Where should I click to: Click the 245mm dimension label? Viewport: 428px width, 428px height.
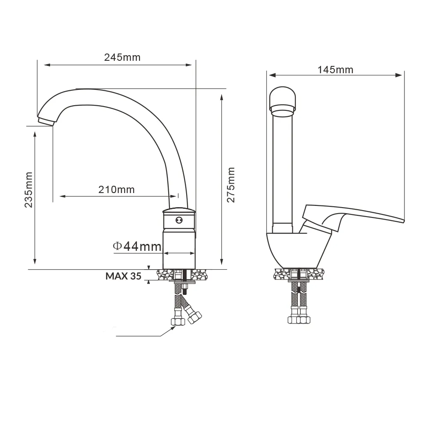[x=122, y=57]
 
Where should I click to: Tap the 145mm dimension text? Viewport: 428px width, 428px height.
[x=335, y=70]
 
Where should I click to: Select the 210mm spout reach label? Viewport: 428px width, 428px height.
[x=116, y=190]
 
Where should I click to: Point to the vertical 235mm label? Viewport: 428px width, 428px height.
[x=28, y=190]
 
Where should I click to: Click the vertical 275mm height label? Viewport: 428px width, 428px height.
[x=231, y=185]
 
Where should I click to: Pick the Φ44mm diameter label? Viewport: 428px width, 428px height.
[x=137, y=247]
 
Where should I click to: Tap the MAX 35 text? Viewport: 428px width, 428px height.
[x=123, y=276]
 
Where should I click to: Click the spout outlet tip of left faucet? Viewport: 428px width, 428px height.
[x=45, y=122]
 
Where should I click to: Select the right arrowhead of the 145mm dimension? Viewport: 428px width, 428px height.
[x=399, y=75]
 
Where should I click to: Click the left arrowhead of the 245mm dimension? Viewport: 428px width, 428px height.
[x=48, y=65]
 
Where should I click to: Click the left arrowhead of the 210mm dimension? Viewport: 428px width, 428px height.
[x=63, y=196]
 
